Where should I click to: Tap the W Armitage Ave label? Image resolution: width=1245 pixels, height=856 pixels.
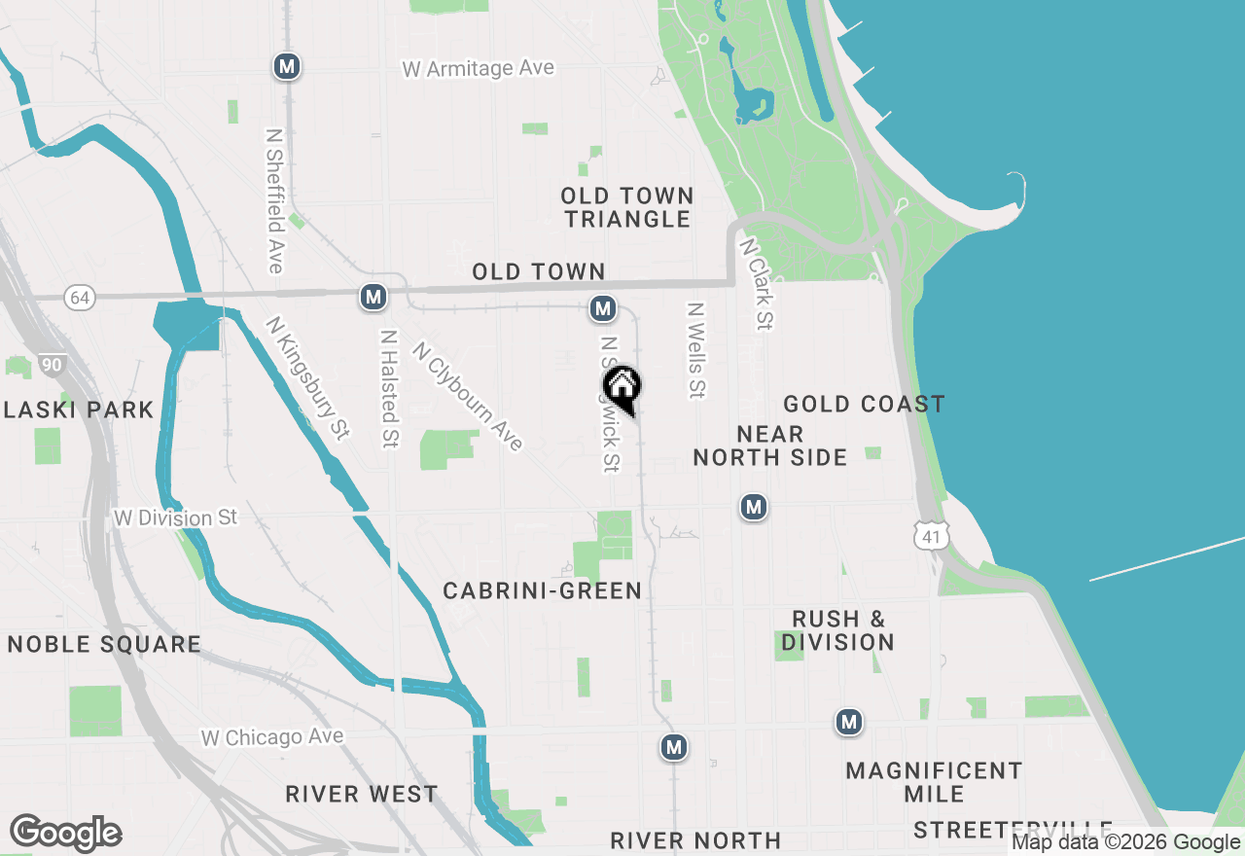pos(479,69)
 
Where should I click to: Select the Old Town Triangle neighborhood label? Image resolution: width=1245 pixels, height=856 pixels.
pos(627,208)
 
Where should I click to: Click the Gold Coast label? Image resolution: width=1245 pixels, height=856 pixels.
pos(864,404)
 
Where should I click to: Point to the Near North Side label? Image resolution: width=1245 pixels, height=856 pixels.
pos(769,446)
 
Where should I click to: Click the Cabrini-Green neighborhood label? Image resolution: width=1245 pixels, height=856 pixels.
pos(542,590)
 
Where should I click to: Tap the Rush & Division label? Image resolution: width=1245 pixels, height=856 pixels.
pos(837,630)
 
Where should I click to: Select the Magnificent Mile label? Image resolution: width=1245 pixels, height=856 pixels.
pos(934,782)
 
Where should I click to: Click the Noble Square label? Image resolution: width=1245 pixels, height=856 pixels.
pos(104,644)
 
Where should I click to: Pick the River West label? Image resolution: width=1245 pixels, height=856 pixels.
pos(362,794)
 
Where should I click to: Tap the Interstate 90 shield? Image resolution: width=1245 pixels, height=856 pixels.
pos(53,365)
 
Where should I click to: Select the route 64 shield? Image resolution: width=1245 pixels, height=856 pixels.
pos(80,298)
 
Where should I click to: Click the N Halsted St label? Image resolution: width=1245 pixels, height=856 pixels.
pos(390,388)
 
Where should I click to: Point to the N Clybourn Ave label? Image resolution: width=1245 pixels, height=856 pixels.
pos(468,396)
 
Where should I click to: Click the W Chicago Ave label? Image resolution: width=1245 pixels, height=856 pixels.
pos(272,737)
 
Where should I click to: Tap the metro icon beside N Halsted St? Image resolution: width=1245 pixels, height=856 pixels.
pos(373,297)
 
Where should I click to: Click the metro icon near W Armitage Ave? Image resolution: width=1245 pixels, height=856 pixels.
pos(286,66)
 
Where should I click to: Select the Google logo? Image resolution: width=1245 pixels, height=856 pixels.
pos(65,834)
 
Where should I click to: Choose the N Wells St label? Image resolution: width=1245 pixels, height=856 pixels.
pos(695,350)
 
